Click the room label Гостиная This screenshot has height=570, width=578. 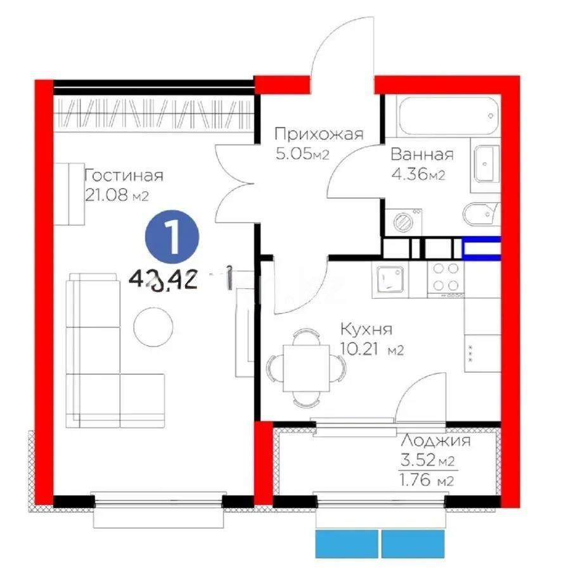[124, 175]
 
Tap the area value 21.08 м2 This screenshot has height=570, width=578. [116, 196]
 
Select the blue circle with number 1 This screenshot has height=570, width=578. [172, 236]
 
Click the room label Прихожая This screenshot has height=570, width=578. [318, 134]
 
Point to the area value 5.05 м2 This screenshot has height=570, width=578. [303, 154]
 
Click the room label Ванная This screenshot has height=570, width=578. [422, 155]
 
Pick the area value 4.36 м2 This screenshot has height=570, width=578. [418, 175]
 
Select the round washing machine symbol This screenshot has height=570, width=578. [404, 222]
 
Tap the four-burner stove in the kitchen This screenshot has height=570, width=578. [446, 277]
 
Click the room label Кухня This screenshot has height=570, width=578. [366, 329]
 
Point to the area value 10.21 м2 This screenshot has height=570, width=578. [372, 349]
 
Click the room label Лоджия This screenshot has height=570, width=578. [436, 441]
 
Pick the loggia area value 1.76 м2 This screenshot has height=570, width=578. [426, 481]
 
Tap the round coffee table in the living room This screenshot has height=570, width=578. [153, 327]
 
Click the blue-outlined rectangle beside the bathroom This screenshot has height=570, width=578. [482, 248]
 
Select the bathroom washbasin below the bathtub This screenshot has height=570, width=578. [487, 165]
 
